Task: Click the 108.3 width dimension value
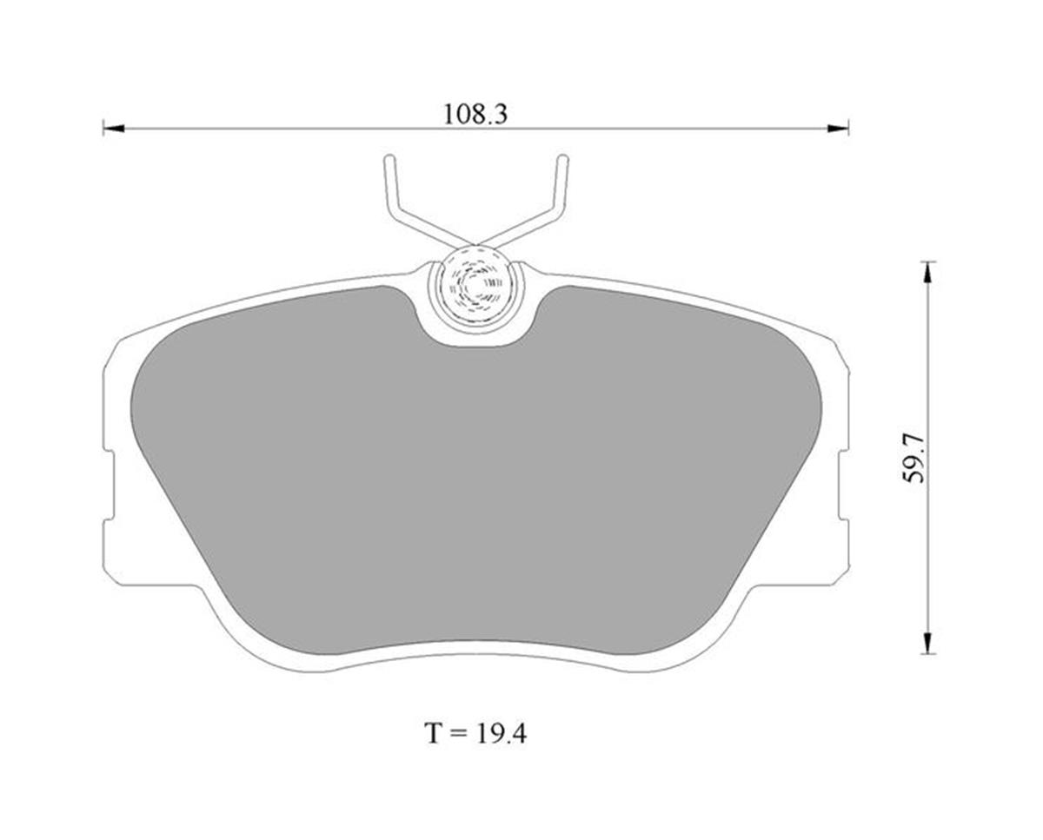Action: point(475,114)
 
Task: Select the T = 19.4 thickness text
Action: point(475,733)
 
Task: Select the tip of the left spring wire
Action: point(389,159)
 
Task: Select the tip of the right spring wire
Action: point(562,159)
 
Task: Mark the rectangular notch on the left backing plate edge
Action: point(110,486)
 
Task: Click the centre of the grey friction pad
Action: point(475,486)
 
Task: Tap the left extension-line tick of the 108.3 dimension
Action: point(103,129)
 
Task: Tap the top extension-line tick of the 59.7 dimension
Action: point(928,261)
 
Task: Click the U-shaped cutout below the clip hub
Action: point(475,334)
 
